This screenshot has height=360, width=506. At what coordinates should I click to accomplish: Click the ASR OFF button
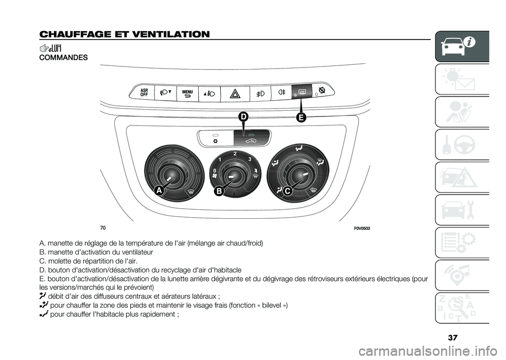[x=144, y=92]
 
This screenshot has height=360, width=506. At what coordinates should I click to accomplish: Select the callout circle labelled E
[x=300, y=118]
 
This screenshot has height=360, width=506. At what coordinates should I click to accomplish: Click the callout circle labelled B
[x=219, y=191]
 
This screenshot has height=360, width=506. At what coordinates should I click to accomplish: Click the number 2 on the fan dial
[x=235, y=153]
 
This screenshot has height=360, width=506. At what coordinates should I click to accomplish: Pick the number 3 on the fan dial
[x=249, y=159]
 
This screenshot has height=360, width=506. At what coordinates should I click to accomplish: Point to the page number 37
[x=453, y=338]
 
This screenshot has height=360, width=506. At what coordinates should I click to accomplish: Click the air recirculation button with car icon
[x=252, y=138]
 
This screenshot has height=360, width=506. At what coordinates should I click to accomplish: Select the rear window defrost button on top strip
[x=301, y=92]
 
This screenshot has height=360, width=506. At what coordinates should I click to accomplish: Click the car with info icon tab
[x=462, y=46]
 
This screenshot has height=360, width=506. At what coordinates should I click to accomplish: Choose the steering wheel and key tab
[x=462, y=144]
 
